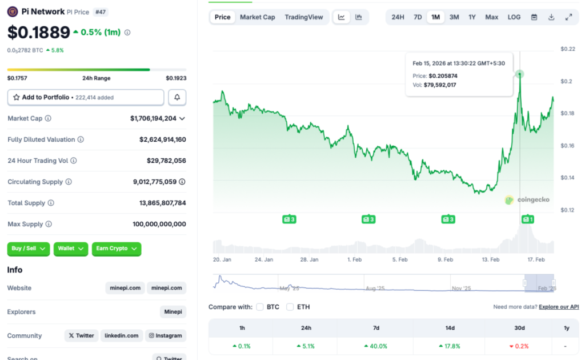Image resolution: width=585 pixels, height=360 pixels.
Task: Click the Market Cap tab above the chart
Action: [x=257, y=17]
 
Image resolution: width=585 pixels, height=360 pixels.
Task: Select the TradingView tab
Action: [x=304, y=17]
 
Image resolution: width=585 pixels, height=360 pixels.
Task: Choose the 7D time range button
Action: [x=418, y=17]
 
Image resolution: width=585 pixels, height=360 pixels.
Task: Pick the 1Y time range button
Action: [x=472, y=17]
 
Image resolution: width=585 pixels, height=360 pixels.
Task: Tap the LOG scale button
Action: [x=514, y=17]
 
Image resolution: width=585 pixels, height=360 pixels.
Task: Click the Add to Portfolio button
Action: [x=86, y=98]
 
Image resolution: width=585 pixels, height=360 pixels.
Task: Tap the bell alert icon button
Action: [x=177, y=98]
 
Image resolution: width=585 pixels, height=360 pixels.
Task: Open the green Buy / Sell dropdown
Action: [x=29, y=249]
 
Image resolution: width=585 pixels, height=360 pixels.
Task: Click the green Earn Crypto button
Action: [x=116, y=249]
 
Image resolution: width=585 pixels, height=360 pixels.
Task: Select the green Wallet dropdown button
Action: [x=71, y=249]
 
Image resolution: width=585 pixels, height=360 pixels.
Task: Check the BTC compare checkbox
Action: [x=260, y=307]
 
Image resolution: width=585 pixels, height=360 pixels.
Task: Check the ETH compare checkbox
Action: [x=290, y=307]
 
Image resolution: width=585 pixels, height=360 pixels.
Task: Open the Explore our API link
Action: [x=559, y=307]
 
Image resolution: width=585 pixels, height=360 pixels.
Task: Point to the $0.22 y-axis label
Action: [x=568, y=49]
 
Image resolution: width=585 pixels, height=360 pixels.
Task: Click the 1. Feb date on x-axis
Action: [x=354, y=259]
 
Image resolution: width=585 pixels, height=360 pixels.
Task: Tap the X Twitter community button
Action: [x=81, y=336]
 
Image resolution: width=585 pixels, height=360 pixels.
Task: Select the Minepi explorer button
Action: [x=173, y=312]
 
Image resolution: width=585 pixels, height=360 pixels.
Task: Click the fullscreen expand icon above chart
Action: [x=568, y=17]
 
